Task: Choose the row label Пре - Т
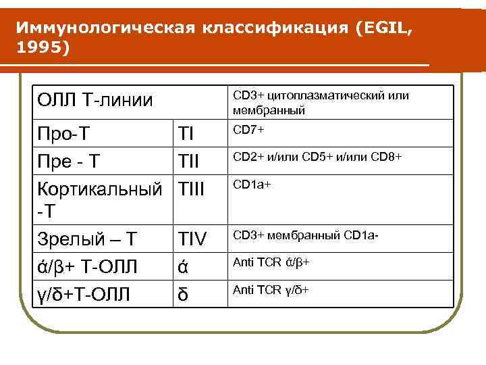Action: click(70, 160)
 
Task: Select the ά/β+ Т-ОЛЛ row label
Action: click(87, 266)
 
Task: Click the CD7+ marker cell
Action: click(248, 129)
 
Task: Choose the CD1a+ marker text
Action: click(252, 183)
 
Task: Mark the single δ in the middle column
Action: click(182, 294)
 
